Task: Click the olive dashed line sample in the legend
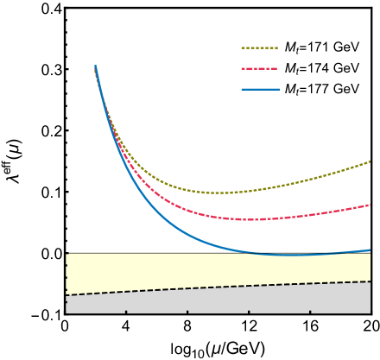[x=259, y=48]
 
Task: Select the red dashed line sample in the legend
[x=259, y=68]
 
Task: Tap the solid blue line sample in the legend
[x=259, y=89]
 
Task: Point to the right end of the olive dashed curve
[x=370, y=161]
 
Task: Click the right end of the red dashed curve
[x=370, y=205]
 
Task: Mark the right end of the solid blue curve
[x=370, y=250]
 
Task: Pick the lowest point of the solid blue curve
[x=292, y=255]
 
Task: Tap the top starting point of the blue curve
[x=95, y=66]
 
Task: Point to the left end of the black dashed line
[x=66, y=295]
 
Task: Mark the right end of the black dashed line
[x=370, y=281]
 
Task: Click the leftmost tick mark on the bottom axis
[x=126, y=311]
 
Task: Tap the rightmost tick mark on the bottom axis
[x=310, y=311]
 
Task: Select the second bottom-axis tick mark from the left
[x=187, y=311]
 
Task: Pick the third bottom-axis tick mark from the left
[x=249, y=311]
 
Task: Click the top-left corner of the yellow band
[x=66, y=254]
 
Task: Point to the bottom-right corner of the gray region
[x=370, y=313]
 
